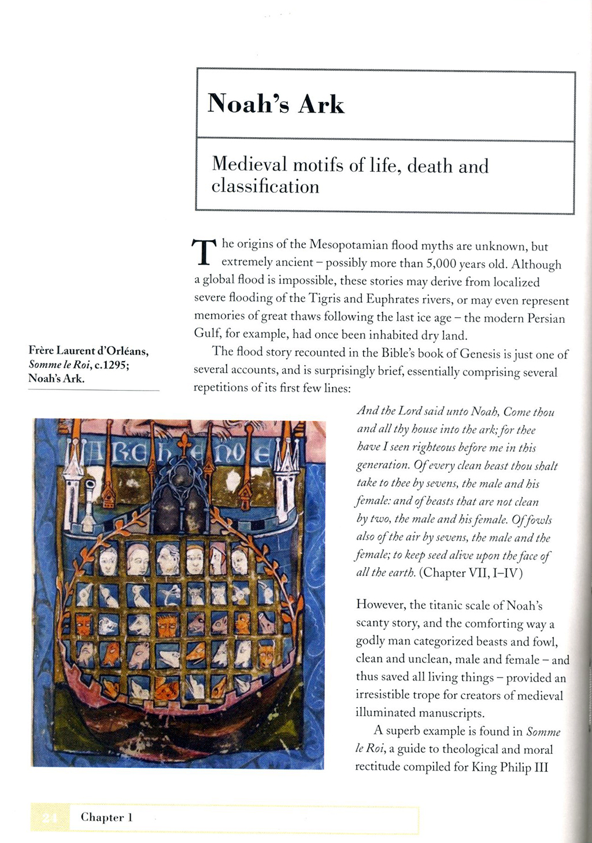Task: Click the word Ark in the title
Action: (x=321, y=104)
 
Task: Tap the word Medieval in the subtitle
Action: (x=249, y=165)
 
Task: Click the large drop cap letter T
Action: (x=203, y=252)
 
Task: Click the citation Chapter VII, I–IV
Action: (x=471, y=573)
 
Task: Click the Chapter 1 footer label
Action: (x=106, y=817)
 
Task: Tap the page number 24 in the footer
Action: (x=50, y=818)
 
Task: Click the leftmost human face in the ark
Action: (x=108, y=560)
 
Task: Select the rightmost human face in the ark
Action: (x=239, y=560)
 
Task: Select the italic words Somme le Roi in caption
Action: (x=59, y=365)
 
